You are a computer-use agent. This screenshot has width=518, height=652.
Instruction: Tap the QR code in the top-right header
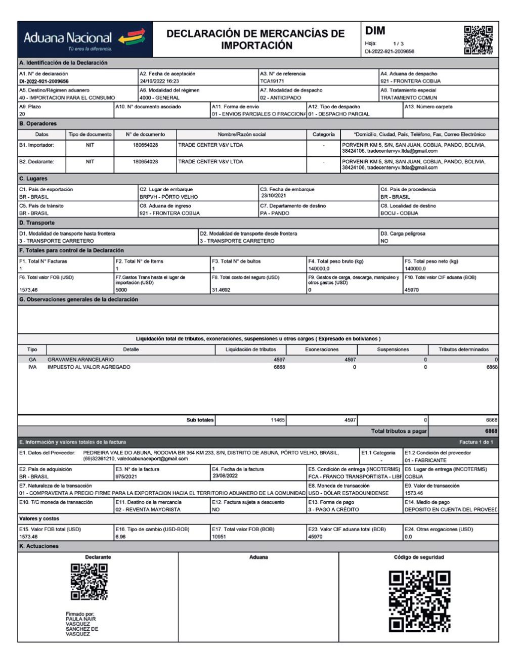click(478, 39)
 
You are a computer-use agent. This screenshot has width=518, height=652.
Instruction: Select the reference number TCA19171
click(272, 81)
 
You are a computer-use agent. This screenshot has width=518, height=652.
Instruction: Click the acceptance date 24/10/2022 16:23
click(159, 81)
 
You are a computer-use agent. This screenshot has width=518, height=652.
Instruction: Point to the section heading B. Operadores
click(38, 123)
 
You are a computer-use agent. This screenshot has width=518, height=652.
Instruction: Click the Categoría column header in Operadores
click(323, 135)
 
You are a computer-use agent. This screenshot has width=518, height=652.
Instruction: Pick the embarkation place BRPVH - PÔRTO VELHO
click(168, 197)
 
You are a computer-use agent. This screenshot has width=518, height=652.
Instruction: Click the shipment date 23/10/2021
click(274, 196)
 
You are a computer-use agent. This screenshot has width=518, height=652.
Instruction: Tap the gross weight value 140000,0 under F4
click(319, 269)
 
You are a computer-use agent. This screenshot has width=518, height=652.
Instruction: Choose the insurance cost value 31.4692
click(221, 290)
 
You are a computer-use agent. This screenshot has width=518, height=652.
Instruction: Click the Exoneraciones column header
click(322, 350)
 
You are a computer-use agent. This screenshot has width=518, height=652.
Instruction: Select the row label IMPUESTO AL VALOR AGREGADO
click(89, 367)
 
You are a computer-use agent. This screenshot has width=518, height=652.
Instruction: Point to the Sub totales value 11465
click(278, 420)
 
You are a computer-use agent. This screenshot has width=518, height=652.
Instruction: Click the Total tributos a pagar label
click(399, 431)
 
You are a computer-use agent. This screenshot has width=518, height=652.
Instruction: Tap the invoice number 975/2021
click(126, 476)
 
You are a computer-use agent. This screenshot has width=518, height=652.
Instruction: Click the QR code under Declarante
click(89, 582)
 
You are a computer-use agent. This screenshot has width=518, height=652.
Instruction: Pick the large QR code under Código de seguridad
click(419, 601)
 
